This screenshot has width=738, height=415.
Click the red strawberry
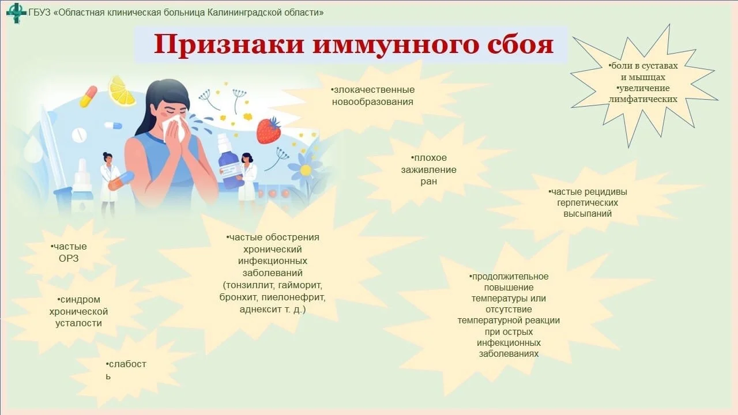tap(268, 130)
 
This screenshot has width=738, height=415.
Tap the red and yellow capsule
tap(88, 96)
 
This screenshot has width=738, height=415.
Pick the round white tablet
tap(79, 135)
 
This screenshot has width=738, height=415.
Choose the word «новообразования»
tap(373, 102)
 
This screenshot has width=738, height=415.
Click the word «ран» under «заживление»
tap(428, 182)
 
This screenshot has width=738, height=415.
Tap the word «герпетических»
tap(588, 203)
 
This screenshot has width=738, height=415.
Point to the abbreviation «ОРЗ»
tap(69, 258)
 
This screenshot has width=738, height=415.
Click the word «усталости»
tap(78, 323)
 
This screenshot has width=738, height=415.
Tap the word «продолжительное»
tap(510, 277)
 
